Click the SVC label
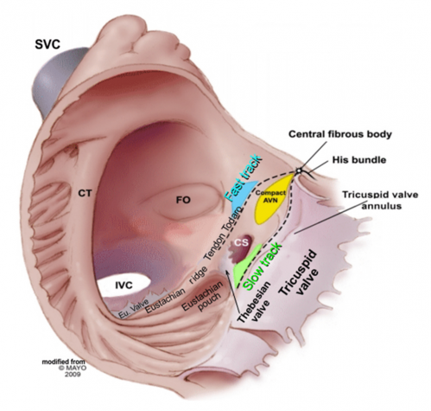[48, 44]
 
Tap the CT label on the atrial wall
[85, 193]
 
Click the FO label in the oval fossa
[183, 200]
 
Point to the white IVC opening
[124, 285]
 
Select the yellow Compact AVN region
[271, 199]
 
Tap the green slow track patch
[246, 267]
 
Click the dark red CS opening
[243, 247]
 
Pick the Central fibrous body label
[340, 134]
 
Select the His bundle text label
[359, 160]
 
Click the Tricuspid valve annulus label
[380, 200]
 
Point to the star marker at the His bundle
[299, 170]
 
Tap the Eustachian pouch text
[203, 298]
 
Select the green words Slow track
[262, 267]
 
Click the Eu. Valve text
[133, 310]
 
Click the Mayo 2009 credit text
[64, 368]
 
